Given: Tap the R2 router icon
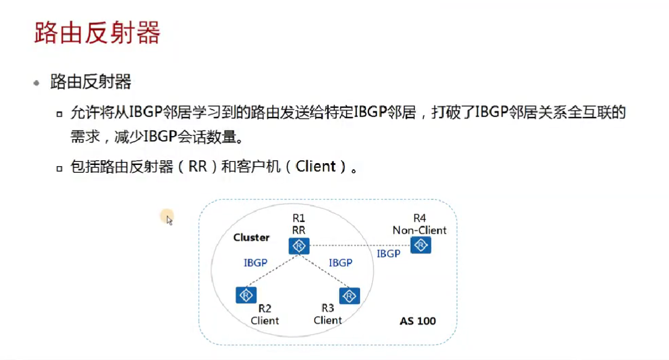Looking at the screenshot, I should point(246,295).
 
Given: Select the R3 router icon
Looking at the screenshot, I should point(349,296).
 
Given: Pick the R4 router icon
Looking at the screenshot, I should point(420,245).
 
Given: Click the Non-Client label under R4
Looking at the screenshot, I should point(420,230).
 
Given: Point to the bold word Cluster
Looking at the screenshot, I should point(251,238).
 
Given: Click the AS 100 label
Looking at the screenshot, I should point(417,321).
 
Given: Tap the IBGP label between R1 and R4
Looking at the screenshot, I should point(388,254).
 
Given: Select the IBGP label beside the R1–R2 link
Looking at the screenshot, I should point(255,263).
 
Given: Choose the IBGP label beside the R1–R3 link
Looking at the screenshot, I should point(340,263).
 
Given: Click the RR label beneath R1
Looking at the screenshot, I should point(299,229).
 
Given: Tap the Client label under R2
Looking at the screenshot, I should point(265,321).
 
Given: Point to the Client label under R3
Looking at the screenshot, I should point(328,320).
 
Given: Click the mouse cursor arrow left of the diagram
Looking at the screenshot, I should point(169,220).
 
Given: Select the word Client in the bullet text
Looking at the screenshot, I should point(316,167).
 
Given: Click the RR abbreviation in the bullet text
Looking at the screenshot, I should point(198,167).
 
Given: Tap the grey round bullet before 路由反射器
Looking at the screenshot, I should point(37,82).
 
